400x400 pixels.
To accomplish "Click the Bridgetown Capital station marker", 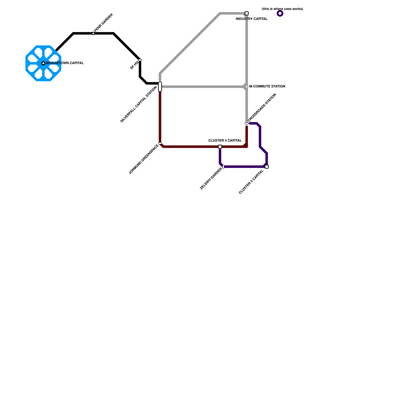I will [x=43, y=63].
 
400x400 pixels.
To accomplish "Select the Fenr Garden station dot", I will [x=93, y=33].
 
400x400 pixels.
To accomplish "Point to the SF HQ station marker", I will [x=140, y=60].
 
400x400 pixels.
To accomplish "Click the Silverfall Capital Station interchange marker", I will [x=160, y=86].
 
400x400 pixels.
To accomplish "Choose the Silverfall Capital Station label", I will [x=138, y=104].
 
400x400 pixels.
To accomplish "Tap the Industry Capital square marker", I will [x=247, y=13].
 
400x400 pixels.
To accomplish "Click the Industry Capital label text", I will [x=251, y=19].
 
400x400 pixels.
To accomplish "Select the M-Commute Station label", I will [x=267, y=86].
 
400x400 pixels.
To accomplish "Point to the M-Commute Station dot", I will [x=247, y=87].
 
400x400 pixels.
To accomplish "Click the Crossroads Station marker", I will [x=247, y=123].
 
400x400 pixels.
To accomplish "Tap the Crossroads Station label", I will [x=262, y=107].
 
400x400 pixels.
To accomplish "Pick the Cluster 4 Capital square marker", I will [x=220, y=147].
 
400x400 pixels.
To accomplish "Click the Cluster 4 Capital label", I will [x=225, y=140].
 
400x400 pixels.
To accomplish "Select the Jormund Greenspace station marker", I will [x=160, y=143].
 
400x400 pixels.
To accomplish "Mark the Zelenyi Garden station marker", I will [x=223, y=167].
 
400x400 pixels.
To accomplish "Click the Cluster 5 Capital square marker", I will [x=267, y=167].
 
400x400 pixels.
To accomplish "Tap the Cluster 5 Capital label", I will [x=251, y=182].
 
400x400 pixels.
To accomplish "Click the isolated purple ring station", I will [x=280, y=13].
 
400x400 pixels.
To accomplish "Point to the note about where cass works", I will [x=282, y=9].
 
